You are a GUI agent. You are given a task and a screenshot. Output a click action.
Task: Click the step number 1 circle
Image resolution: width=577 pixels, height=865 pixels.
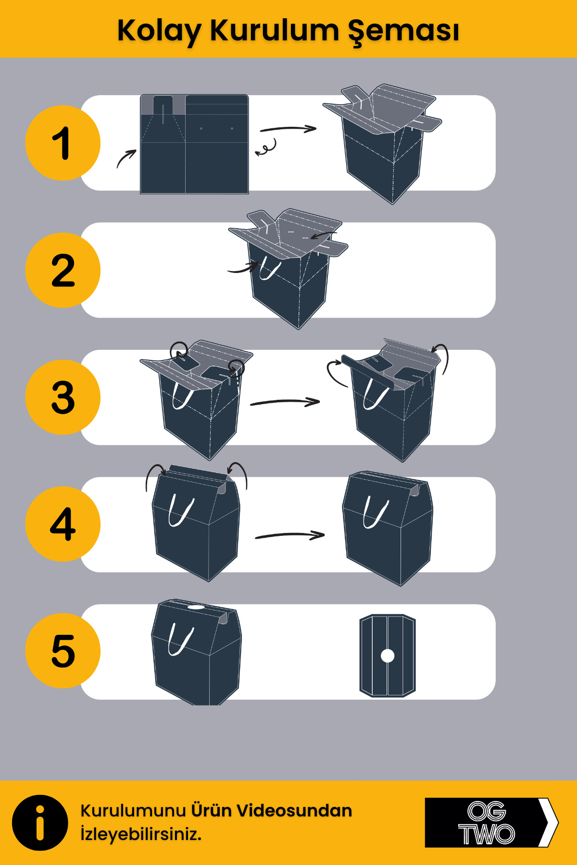click(63, 143)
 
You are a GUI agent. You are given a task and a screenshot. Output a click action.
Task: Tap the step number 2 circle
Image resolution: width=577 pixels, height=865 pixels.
click(63, 270)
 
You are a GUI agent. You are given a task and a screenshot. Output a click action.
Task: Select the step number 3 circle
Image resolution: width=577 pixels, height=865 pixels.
click(63, 397)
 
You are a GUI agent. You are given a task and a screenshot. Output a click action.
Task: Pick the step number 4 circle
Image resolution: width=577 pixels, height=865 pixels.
click(63, 524)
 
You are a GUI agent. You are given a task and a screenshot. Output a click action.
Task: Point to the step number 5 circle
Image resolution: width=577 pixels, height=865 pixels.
click(63, 651)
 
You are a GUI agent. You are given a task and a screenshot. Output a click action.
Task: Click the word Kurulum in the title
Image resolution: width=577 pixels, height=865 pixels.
click(274, 30)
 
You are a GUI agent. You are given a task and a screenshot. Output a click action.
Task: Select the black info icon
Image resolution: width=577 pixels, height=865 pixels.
click(40, 823)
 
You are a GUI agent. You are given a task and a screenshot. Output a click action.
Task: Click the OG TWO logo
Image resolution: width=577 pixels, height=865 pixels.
click(486, 823)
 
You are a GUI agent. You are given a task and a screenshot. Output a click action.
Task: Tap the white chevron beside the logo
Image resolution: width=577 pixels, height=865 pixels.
click(548, 823)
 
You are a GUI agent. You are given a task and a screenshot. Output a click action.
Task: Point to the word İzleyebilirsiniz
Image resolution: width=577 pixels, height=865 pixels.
click(141, 834)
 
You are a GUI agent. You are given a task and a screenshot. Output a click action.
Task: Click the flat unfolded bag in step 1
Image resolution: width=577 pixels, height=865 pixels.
click(194, 144)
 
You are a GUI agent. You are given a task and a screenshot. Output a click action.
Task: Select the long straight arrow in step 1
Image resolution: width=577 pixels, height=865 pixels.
click(288, 129)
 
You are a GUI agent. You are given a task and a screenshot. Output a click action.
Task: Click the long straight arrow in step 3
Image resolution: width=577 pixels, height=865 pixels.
click(285, 402)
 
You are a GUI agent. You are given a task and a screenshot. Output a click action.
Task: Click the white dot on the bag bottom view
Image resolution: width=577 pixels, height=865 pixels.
click(388, 655)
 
